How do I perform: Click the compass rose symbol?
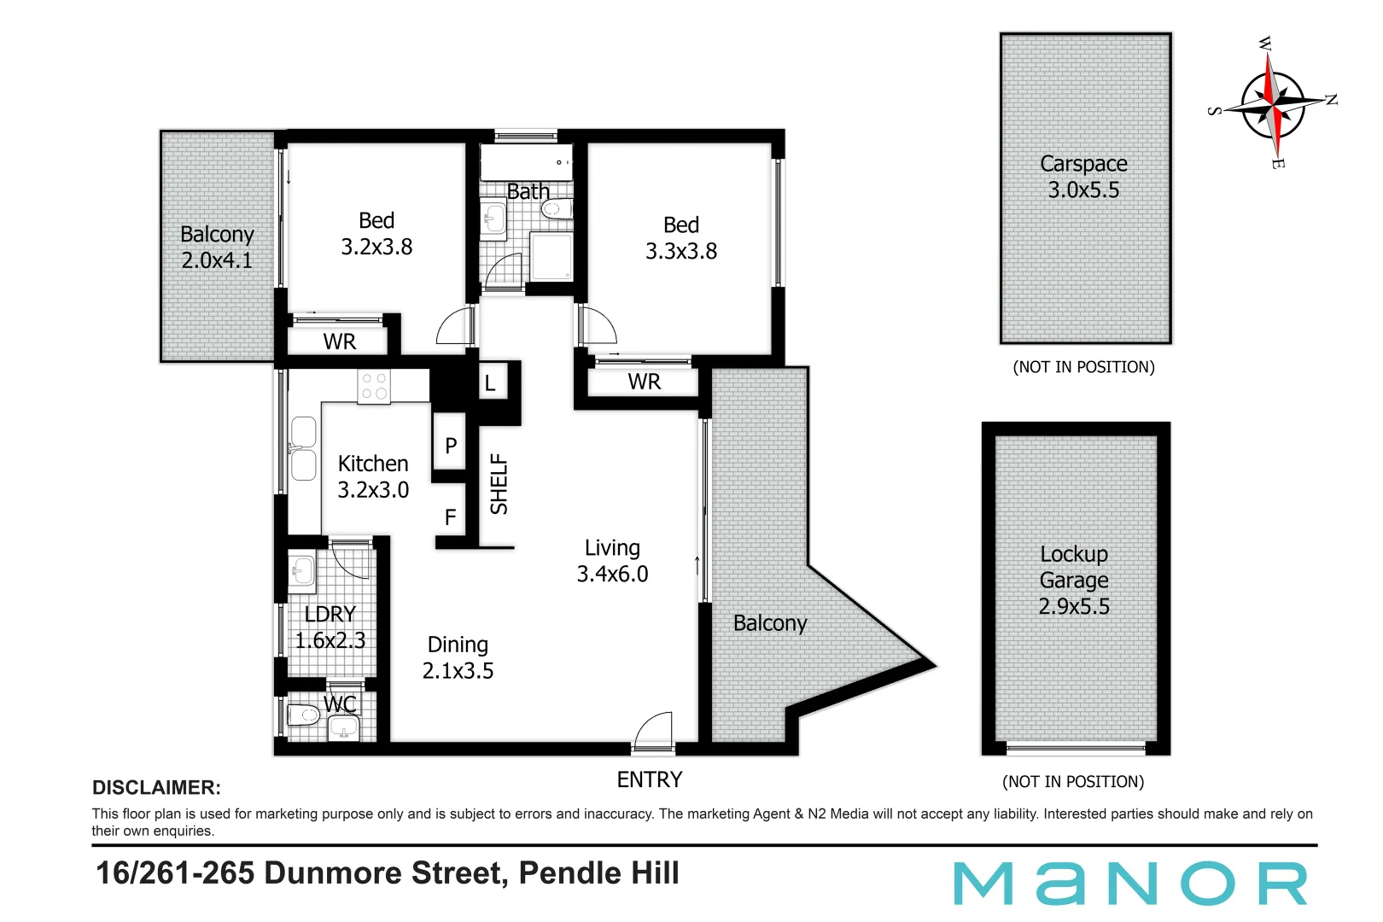pos(1273,104)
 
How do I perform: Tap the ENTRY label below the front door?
pos(650,779)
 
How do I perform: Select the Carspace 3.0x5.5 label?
pos(1083,177)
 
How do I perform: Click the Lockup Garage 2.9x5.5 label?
pos(1074,580)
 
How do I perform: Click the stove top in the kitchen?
pos(374,387)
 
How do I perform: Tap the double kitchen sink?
pos(303,448)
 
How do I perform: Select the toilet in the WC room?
pos(303,714)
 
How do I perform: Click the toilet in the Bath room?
pos(557,209)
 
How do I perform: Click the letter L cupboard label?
pos(490,383)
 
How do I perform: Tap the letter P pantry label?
pos(451,446)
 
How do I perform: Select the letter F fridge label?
pos(450,517)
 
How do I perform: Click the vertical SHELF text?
pos(499,484)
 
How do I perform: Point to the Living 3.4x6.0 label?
pos(612,561)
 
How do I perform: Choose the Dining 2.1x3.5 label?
pos(458,657)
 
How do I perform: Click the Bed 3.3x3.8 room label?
pos(680,238)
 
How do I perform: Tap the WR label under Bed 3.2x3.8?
pos(339,341)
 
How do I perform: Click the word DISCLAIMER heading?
pos(156,787)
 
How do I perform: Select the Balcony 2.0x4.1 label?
pos(217,247)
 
